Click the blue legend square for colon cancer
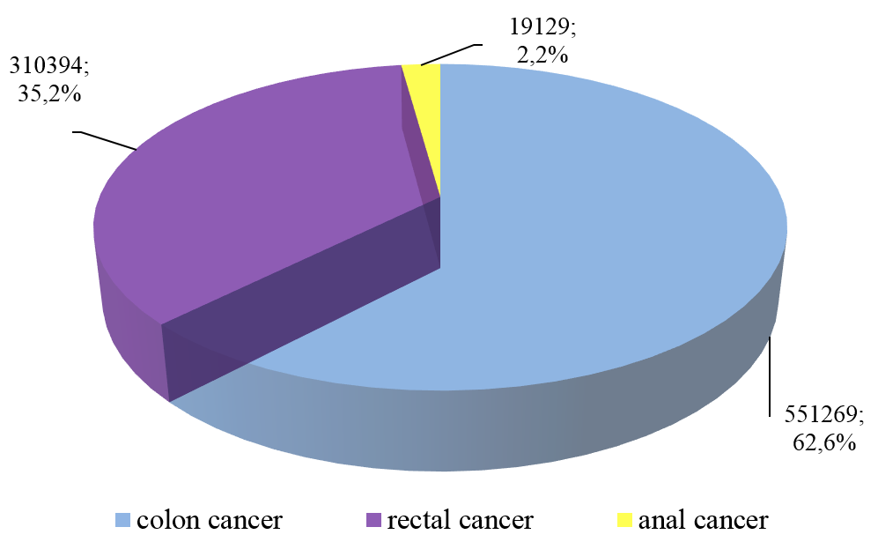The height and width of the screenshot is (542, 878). (x=123, y=521)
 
